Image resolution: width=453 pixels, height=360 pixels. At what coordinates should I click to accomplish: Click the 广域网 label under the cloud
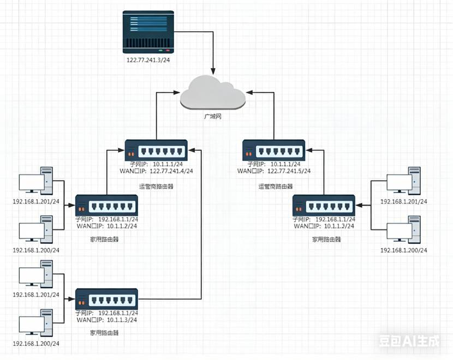[x=213, y=117]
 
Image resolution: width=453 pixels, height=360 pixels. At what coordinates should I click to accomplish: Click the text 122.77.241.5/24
[x=289, y=171]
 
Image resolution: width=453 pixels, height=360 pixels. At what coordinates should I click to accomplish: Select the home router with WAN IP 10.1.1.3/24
[x=106, y=299]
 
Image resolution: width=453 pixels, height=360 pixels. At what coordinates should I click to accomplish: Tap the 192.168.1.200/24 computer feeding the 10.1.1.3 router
[x=36, y=323]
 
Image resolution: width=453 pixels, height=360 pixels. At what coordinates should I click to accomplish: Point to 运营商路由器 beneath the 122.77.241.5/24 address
[x=275, y=187]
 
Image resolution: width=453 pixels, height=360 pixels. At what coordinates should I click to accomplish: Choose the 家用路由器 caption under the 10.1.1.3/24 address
[x=106, y=332]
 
